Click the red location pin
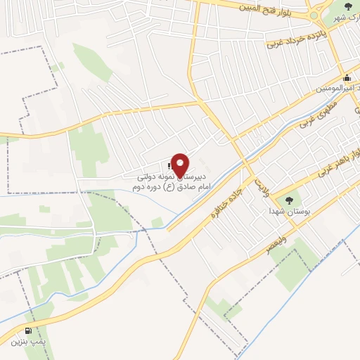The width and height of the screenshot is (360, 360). pos(181,165)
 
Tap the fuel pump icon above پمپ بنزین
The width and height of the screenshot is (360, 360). pos(28,330)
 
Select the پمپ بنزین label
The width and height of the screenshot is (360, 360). pos(28,342)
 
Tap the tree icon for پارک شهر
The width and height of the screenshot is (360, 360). pos(349,6)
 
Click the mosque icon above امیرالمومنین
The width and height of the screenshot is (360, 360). pos(347,78)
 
